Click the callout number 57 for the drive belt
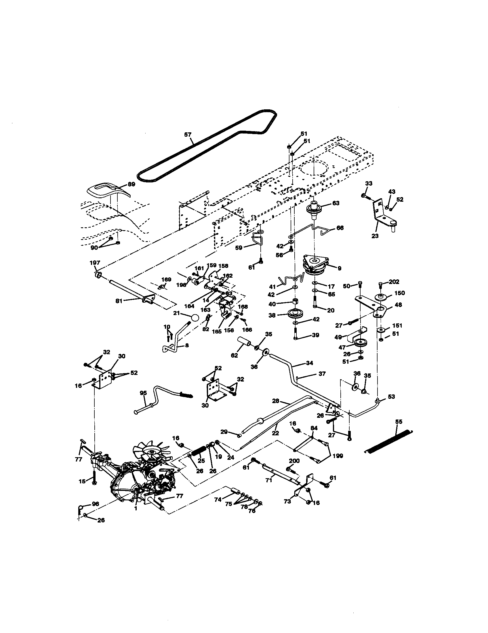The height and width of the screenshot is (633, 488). pos(188,134)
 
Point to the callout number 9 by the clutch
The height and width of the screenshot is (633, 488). pos(339,268)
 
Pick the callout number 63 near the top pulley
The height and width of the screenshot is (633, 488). pos(335,203)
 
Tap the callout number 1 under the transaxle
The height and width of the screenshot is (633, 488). pos(136,508)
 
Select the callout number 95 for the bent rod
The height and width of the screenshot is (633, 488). pos(143,393)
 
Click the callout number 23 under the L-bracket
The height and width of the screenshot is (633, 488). pos(375,236)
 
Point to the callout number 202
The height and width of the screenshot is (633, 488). pos(394,282)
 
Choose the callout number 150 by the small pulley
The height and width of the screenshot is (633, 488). pos(399,293)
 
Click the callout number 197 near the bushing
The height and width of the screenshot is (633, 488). pos(95,263)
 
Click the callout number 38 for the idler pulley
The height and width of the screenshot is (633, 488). pos(272,315)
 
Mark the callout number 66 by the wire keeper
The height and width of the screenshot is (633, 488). pos(340,228)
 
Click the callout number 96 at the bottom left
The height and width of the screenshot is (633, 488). pos(95,504)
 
